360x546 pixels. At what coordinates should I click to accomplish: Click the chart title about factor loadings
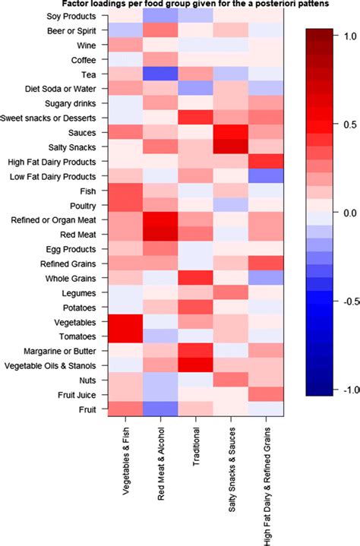point(180,5)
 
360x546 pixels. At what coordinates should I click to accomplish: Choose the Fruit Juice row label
point(74,395)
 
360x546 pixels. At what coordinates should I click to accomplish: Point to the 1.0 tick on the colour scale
point(349,36)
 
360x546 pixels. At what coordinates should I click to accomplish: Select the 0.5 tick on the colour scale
point(349,124)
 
